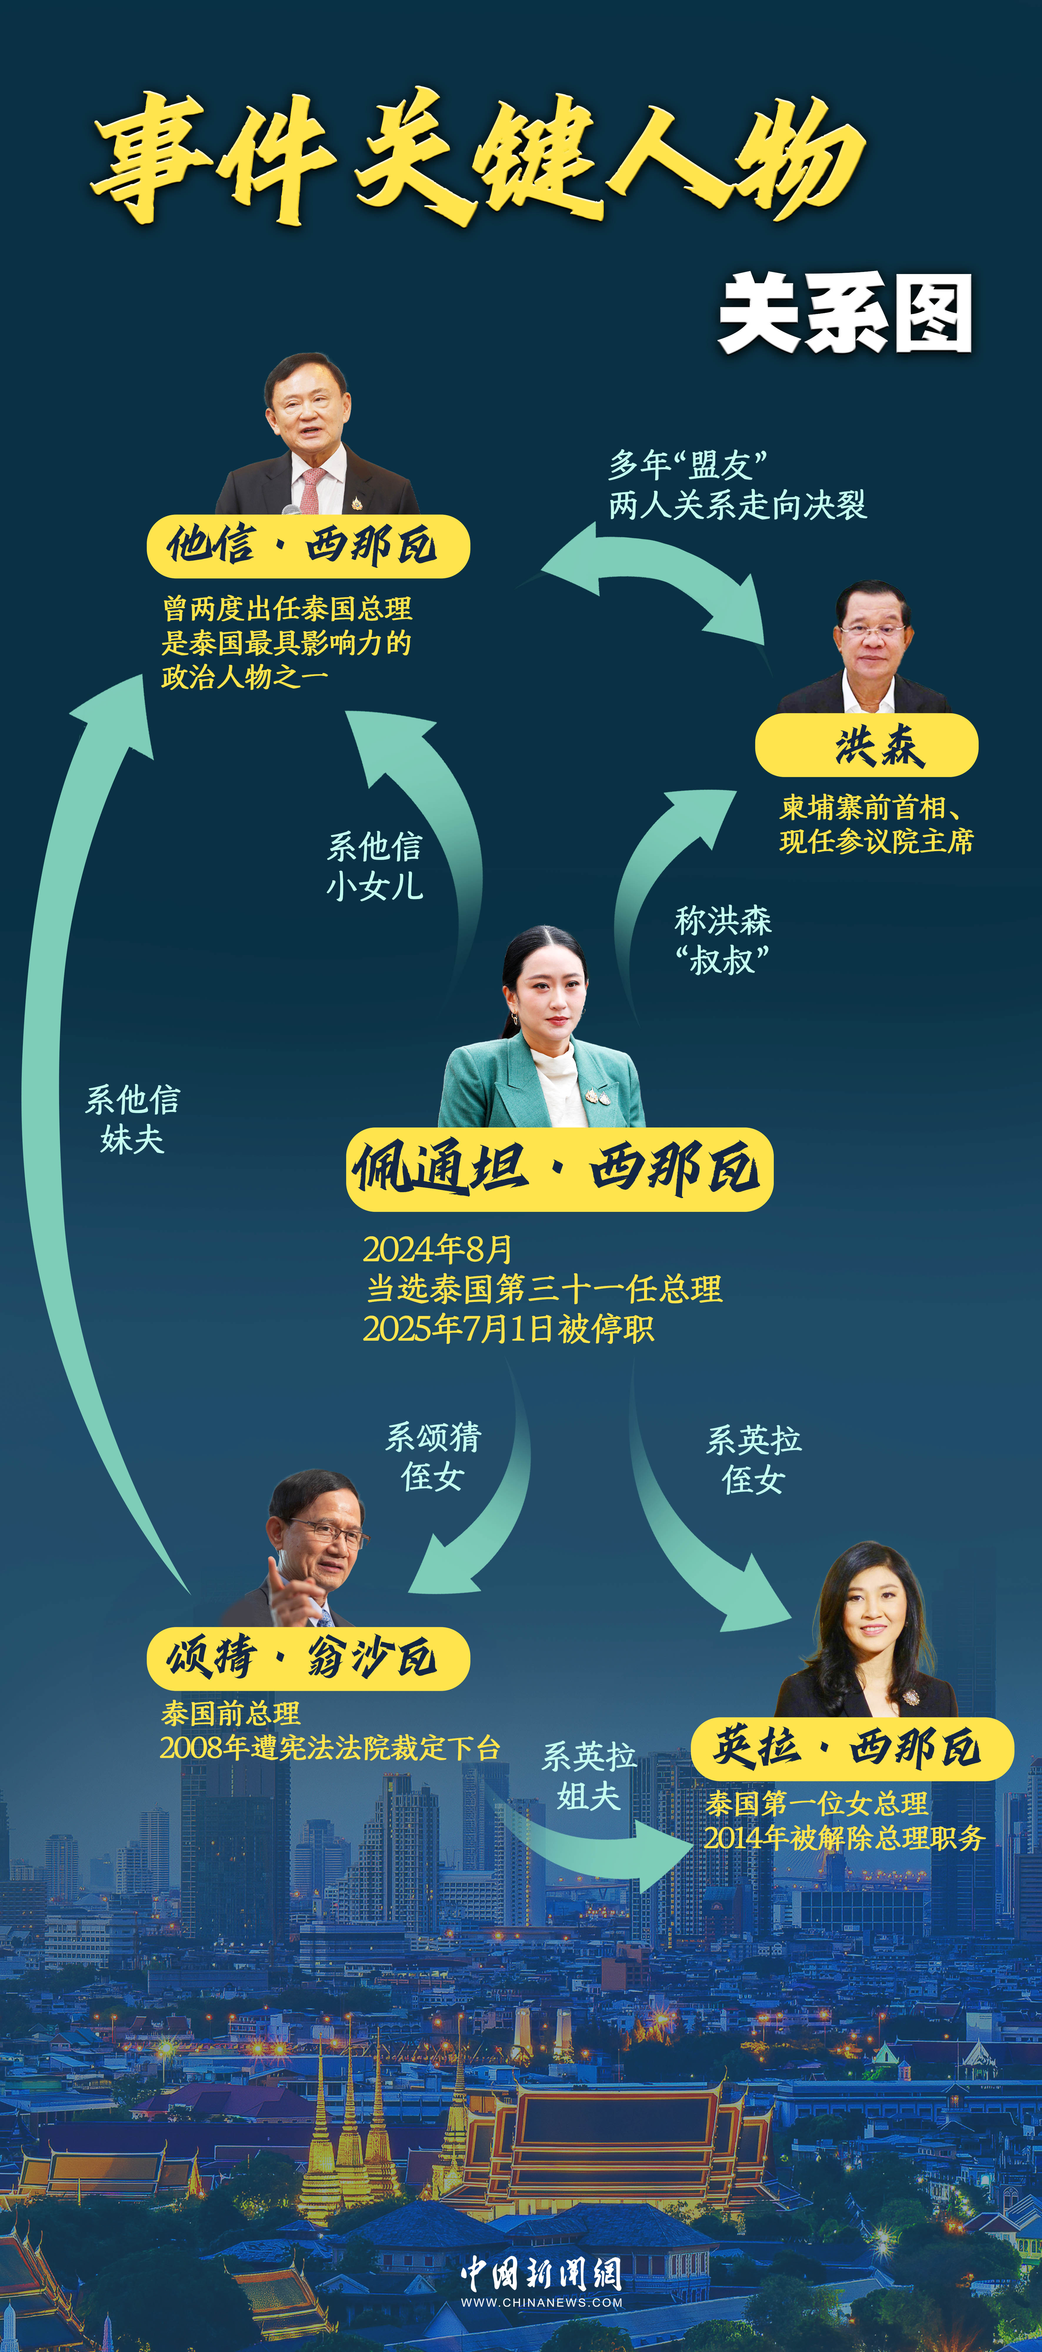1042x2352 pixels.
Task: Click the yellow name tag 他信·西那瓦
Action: (308, 546)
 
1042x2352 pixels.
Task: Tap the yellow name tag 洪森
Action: (866, 745)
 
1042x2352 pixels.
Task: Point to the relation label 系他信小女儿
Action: (374, 866)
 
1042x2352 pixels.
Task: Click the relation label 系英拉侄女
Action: (753, 1459)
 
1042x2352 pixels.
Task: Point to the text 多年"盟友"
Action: (687, 465)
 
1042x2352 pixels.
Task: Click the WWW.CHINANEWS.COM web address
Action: (541, 2302)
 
